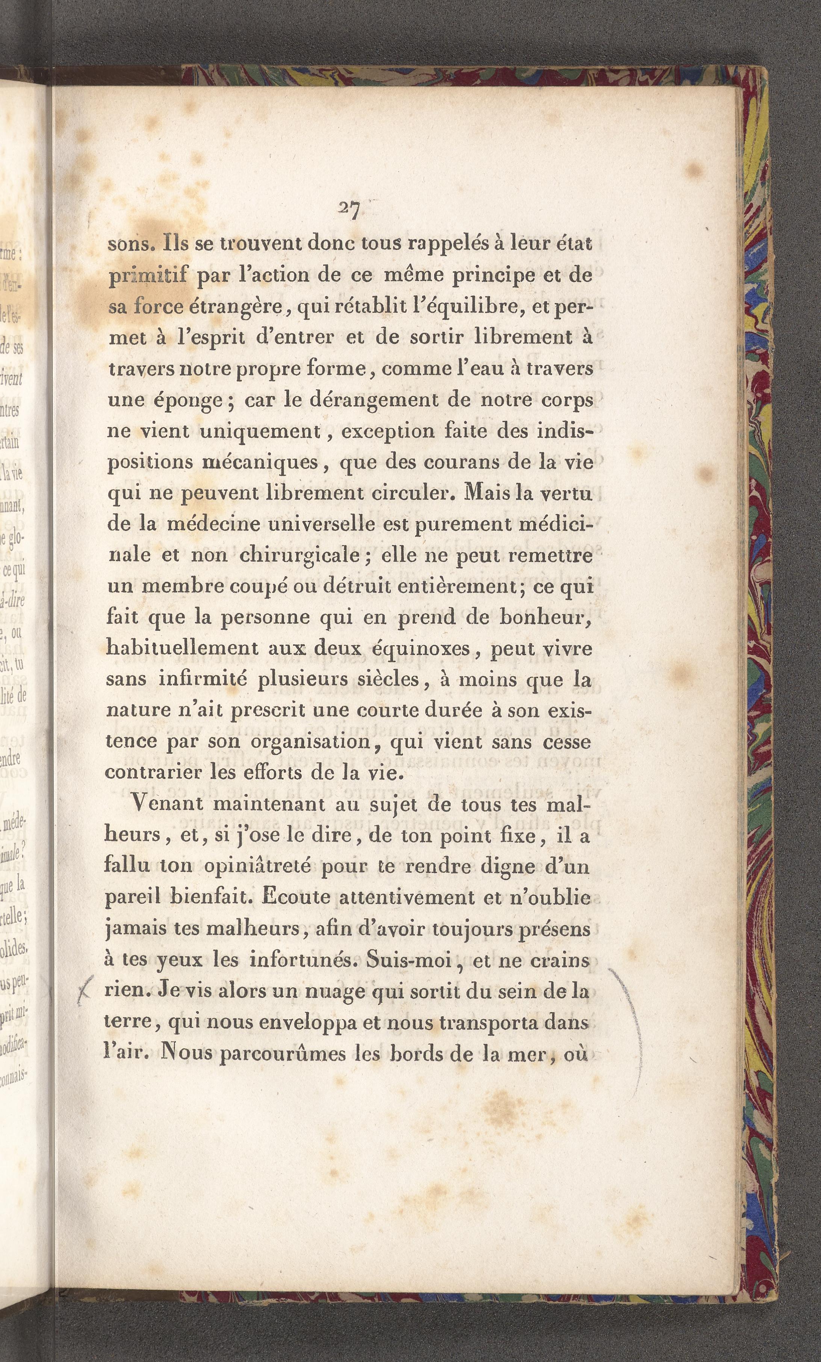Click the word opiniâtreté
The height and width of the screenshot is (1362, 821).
click(257, 866)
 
